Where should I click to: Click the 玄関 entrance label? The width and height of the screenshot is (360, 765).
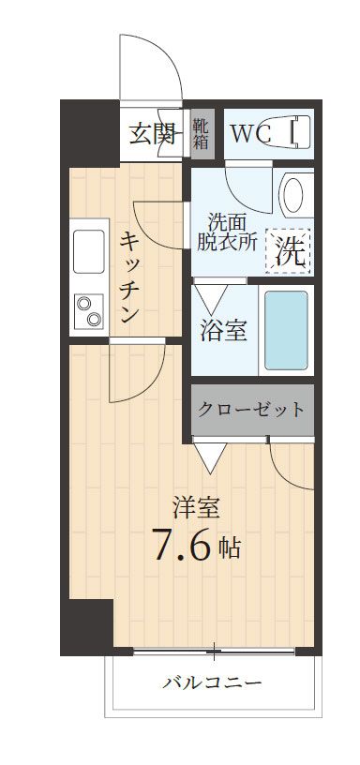(152, 134)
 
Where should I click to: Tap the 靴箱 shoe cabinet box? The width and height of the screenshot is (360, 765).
(202, 134)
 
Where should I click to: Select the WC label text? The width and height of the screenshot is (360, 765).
(250, 134)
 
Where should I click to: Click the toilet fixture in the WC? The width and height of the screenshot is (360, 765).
(297, 133)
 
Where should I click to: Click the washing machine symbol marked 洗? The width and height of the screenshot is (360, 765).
(290, 251)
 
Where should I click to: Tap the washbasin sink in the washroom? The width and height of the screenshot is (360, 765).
(294, 196)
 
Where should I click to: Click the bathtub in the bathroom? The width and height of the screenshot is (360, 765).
(285, 330)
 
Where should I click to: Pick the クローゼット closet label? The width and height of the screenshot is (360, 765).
(251, 410)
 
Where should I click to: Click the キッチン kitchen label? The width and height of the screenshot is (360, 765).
(128, 277)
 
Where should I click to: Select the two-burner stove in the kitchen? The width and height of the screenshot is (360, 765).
(88, 311)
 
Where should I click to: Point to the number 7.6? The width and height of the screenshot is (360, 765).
(184, 546)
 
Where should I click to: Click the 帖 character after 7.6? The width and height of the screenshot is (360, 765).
(231, 547)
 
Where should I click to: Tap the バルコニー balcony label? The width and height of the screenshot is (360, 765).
(213, 682)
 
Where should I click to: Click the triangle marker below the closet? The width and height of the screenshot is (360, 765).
(210, 457)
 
